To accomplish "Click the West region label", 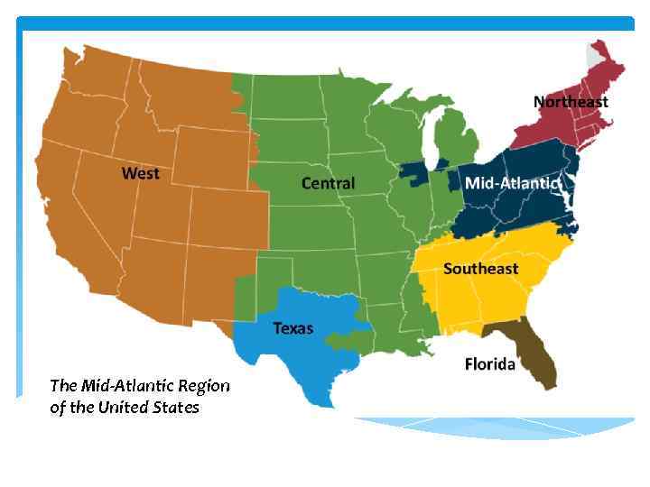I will (143, 172).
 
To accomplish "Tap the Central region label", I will (328, 183).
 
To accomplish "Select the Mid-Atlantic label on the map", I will (512, 183).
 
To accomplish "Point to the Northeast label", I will (571, 102).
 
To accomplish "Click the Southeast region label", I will (480, 269).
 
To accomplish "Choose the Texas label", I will (293, 328).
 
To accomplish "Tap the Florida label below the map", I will (490, 364).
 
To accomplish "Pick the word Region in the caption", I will (204, 386).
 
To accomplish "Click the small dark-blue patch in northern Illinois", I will (414, 173).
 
